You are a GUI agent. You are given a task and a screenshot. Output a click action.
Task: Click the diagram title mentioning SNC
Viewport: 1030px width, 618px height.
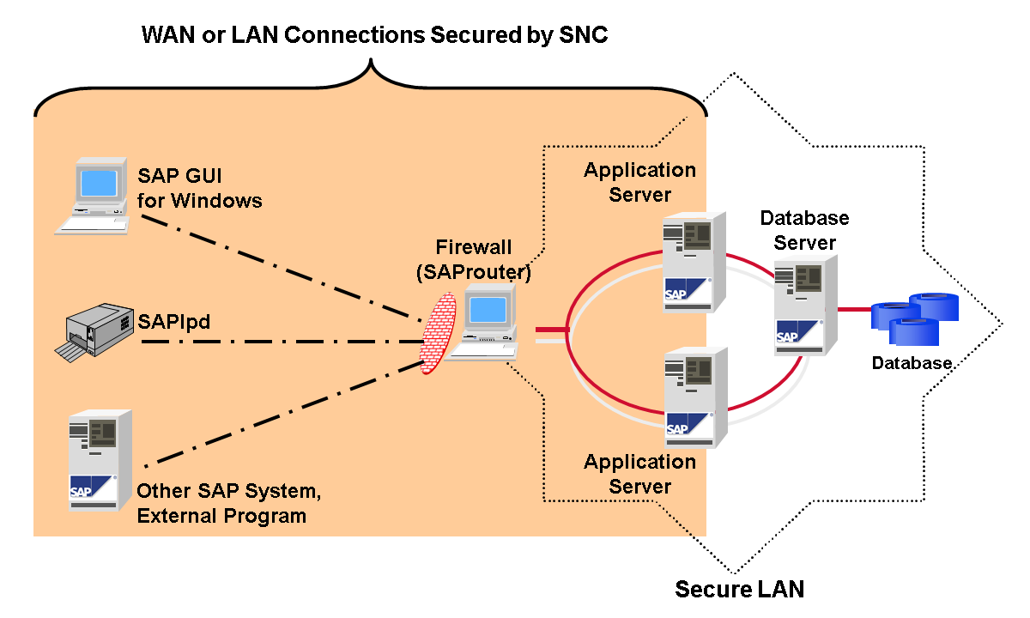[374, 35]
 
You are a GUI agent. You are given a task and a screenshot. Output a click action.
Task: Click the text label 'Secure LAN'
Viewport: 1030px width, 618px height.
[739, 590]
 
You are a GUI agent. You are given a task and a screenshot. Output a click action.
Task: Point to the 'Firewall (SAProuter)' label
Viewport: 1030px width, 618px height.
[484, 260]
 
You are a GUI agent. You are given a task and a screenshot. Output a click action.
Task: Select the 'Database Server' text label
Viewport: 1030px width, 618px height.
[804, 230]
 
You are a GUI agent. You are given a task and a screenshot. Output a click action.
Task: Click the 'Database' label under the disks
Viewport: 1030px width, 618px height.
[912, 363]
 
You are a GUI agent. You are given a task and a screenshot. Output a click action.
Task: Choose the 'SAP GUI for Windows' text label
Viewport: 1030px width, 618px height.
[199, 190]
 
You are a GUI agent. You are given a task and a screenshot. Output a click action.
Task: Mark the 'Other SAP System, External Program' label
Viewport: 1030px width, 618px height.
[228, 505]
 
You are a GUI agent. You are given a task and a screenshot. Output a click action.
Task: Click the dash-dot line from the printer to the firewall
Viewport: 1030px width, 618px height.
[283, 341]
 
